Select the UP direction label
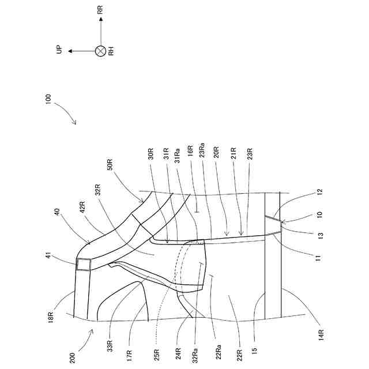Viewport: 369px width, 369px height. pos(59,51)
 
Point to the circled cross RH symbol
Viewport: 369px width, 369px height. pos(101,51)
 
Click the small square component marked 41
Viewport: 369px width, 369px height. pos(84,265)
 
